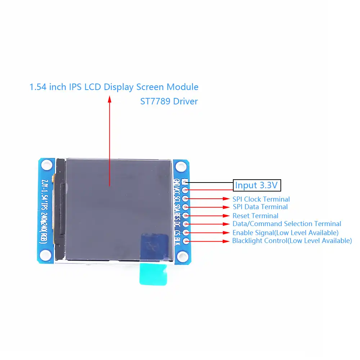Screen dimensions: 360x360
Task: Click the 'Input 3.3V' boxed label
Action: (256, 185)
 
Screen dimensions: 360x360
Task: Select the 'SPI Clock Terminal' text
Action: (261, 199)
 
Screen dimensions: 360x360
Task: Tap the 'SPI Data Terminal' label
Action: (260, 207)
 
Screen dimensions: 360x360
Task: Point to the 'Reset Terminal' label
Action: (255, 216)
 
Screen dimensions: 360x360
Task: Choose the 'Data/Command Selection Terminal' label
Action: (287, 224)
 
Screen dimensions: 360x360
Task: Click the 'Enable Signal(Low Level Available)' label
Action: (285, 233)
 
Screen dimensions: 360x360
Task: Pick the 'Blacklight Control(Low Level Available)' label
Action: (292, 241)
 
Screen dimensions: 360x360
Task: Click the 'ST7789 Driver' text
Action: (169, 101)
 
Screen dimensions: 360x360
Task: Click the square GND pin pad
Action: (185, 181)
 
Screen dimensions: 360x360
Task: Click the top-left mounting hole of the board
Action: (46, 165)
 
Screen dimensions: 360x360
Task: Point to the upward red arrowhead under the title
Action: (110, 99)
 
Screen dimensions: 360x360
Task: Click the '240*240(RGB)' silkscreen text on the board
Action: (44, 226)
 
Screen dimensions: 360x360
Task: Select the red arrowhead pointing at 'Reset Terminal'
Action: (226, 216)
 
